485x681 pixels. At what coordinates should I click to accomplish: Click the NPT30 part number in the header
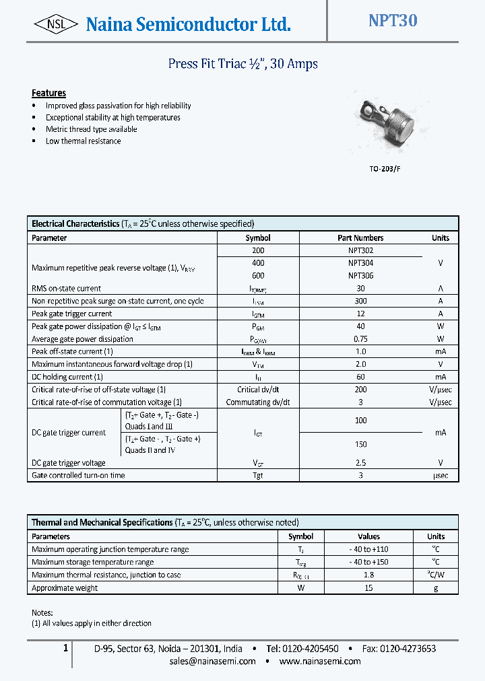coord(392,21)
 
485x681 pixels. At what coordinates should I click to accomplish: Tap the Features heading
coord(48,93)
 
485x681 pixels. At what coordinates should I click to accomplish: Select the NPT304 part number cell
coord(360,263)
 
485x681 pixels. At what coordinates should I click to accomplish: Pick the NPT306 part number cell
coord(360,275)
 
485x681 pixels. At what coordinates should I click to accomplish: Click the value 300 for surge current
coord(360,301)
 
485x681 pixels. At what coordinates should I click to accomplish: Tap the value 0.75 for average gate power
coord(360,339)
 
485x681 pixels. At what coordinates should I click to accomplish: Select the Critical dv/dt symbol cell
coord(258,390)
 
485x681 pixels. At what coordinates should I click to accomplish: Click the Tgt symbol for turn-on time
coord(258,475)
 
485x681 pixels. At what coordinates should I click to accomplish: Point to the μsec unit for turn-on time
coord(440,475)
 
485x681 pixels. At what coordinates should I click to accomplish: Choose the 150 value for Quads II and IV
coord(360,444)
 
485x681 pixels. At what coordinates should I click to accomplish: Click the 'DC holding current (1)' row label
coord(67,377)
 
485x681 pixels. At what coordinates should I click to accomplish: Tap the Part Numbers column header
coord(360,238)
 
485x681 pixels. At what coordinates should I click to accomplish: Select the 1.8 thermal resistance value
coord(368,575)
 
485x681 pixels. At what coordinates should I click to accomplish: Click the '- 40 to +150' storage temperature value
coord(368,562)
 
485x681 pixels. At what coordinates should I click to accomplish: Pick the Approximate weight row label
coord(65,587)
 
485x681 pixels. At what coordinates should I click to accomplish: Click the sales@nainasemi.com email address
coord(212,661)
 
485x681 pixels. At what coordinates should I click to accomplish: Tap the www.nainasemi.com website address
coord(319,661)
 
